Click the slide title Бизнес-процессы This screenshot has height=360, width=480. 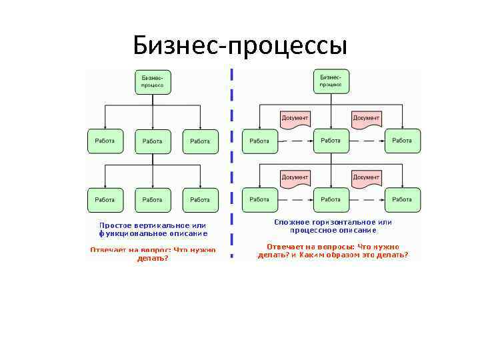(x=240, y=45)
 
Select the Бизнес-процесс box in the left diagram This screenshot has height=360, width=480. (x=153, y=82)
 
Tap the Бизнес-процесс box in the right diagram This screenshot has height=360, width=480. (x=331, y=81)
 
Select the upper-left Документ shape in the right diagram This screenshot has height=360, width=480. (x=295, y=119)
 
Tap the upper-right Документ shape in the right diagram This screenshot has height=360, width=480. (x=366, y=119)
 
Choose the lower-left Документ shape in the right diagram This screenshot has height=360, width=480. (x=295, y=178)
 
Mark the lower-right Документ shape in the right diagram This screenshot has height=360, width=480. (x=366, y=178)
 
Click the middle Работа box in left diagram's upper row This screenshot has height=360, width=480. (x=153, y=141)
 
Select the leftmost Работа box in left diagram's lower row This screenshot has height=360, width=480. (x=105, y=200)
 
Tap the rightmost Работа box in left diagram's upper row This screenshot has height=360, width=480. (x=200, y=141)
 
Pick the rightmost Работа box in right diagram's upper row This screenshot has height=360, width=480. (x=402, y=141)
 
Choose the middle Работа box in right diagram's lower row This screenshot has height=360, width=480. (x=331, y=199)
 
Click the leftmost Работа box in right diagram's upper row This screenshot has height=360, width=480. (x=259, y=141)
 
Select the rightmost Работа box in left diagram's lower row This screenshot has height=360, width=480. (x=200, y=200)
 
